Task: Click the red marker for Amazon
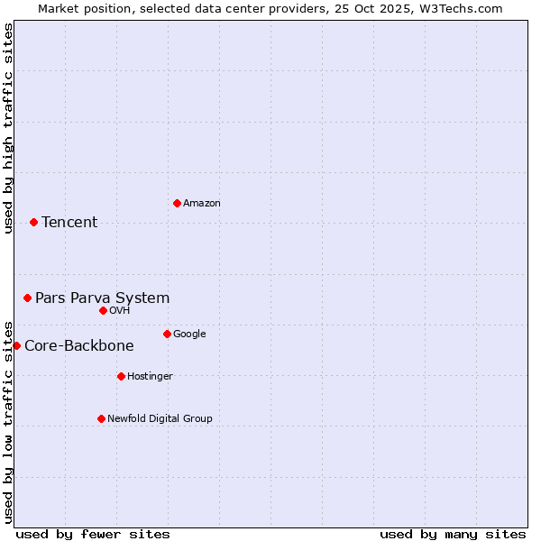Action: click(x=177, y=203)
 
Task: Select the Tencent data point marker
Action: click(x=33, y=222)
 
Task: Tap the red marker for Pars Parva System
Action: click(x=27, y=298)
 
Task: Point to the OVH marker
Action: click(x=103, y=310)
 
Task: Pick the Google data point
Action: click(x=167, y=334)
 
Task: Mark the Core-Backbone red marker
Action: click(x=16, y=345)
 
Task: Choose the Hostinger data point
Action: click(x=121, y=376)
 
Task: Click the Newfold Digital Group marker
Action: click(x=101, y=418)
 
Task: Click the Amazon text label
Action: click(x=202, y=204)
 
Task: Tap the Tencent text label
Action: click(x=69, y=223)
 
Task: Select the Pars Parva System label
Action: click(x=102, y=298)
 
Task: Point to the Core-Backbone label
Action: click(x=79, y=346)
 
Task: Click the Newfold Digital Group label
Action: click(x=160, y=419)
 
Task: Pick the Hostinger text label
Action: click(x=150, y=377)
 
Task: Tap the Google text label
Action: click(x=189, y=335)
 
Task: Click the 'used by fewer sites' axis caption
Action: click(x=93, y=534)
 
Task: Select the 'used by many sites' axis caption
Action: click(x=453, y=534)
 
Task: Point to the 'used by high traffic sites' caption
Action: click(x=9, y=128)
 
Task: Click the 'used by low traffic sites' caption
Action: click(x=9, y=421)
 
